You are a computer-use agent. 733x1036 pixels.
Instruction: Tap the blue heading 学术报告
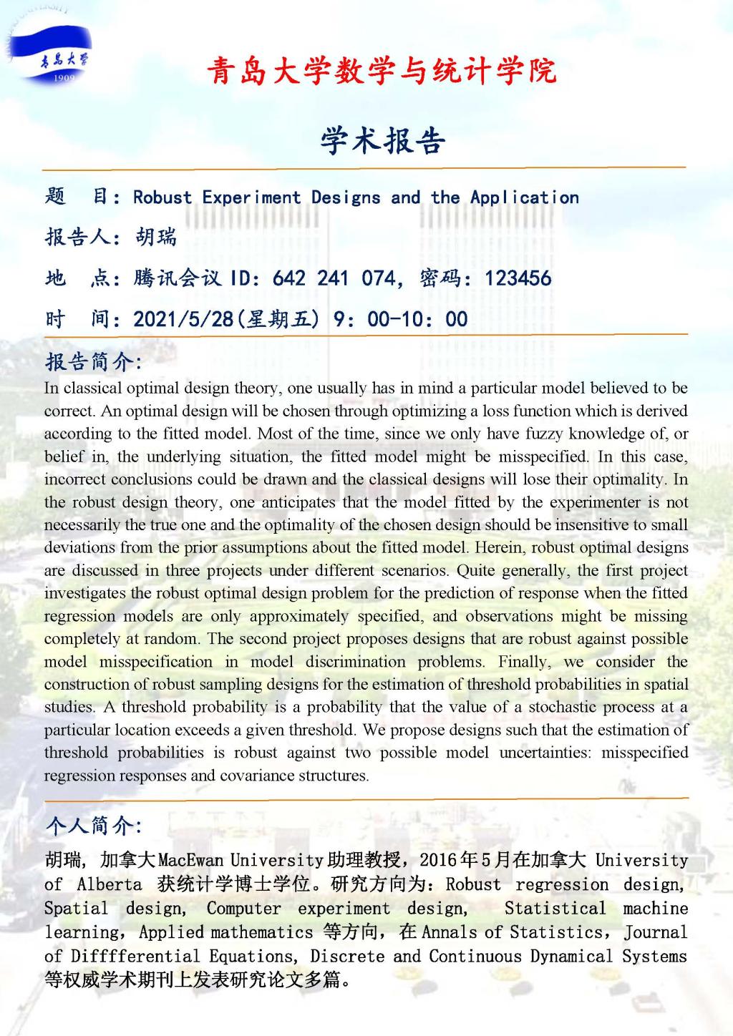(x=382, y=140)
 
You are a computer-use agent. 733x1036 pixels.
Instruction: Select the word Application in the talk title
(x=525, y=197)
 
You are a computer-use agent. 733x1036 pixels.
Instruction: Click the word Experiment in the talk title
(x=251, y=197)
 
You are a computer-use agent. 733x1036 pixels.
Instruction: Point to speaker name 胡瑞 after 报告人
(x=155, y=237)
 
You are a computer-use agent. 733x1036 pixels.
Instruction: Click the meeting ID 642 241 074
(x=334, y=278)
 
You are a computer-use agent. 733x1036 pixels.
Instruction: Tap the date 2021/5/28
(x=183, y=318)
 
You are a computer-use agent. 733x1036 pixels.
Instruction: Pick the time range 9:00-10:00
(x=401, y=318)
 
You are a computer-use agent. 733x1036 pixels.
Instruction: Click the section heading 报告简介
(x=93, y=362)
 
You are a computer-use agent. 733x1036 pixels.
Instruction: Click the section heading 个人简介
(x=93, y=826)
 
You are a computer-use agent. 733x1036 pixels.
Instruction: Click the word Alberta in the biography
(x=110, y=884)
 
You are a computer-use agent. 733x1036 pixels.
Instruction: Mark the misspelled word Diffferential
(x=135, y=956)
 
